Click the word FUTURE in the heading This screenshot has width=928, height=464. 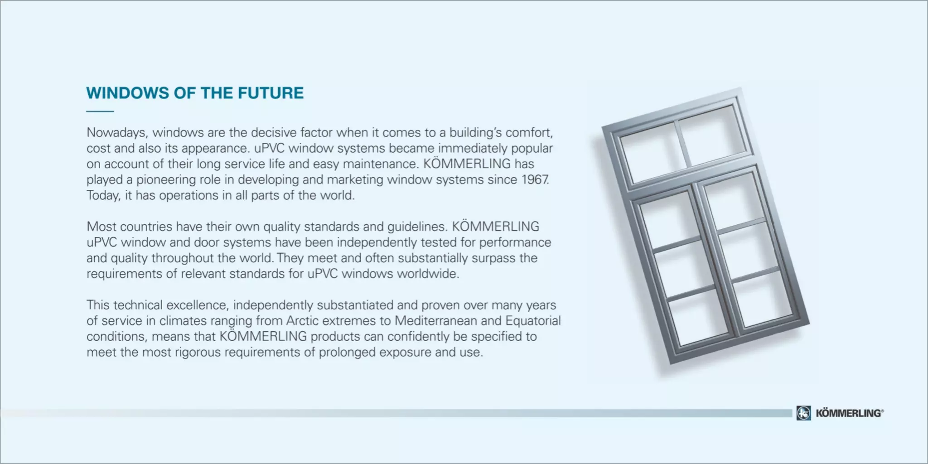[271, 93]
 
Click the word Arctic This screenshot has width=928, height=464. [302, 321]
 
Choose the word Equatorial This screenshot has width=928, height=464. [533, 321]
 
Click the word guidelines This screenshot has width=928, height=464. [417, 227]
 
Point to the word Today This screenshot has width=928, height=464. [103, 196]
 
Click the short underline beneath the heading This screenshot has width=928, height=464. [100, 111]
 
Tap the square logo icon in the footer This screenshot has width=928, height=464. [803, 413]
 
